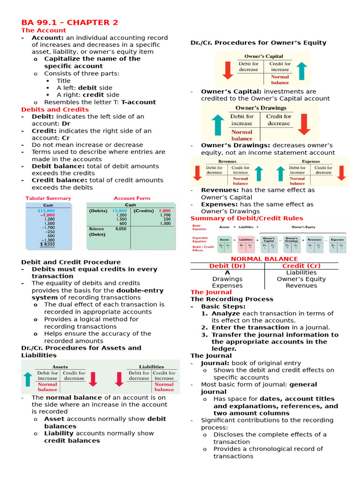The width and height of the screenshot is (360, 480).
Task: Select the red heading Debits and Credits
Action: pyautogui.click(x=55, y=109)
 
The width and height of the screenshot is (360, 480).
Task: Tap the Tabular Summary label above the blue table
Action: pyautogui.click(x=48, y=198)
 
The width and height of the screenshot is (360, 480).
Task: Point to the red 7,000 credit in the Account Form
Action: pyautogui.click(x=165, y=211)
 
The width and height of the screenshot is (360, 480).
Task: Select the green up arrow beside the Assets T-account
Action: pyautogui.click(x=27, y=379)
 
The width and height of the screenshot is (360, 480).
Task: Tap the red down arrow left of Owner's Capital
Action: pyautogui.click(x=228, y=70)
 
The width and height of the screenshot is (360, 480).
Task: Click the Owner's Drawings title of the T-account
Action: pyautogui.click(x=260, y=107)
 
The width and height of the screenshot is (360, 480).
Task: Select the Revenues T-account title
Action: pyautogui.click(x=227, y=161)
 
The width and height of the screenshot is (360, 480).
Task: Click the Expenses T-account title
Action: pyautogui.click(x=310, y=161)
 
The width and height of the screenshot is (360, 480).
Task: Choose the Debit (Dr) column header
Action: pyautogui.click(x=227, y=266)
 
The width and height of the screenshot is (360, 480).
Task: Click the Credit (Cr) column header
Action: pyautogui.click(x=301, y=266)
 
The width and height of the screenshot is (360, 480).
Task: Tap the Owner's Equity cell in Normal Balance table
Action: pyautogui.click(x=301, y=279)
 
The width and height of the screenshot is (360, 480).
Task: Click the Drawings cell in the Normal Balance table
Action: pyautogui.click(x=227, y=279)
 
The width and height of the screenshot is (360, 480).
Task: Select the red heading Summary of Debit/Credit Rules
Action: pyautogui.click(x=247, y=218)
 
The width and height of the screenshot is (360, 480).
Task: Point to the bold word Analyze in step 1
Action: pyautogui.click(x=225, y=313)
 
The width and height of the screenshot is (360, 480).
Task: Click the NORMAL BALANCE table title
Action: pyautogui.click(x=264, y=259)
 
